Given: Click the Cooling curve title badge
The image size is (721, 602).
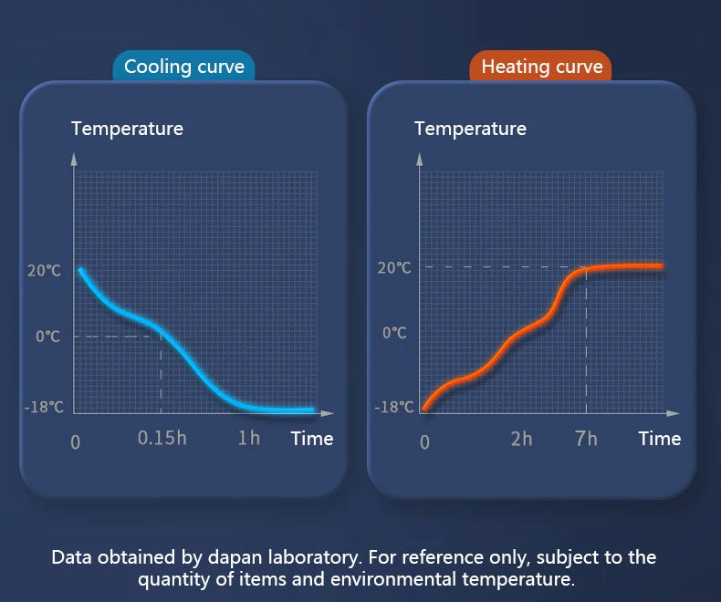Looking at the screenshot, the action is [x=184, y=67].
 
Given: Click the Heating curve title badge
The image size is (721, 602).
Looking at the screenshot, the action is [x=540, y=67].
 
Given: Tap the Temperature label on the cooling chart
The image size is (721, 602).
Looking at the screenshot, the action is [x=127, y=129].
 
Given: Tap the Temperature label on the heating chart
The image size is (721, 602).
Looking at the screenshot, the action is [x=470, y=129].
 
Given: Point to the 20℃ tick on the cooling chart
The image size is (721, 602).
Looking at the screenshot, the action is [x=44, y=270].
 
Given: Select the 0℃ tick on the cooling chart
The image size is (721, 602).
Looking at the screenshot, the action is [x=48, y=337].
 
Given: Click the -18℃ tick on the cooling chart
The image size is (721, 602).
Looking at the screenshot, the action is [x=44, y=407].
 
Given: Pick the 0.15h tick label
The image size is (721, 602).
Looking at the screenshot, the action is [x=162, y=438].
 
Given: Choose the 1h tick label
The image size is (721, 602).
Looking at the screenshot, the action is [x=249, y=438].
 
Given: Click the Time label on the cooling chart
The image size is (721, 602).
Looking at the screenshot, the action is [x=312, y=439].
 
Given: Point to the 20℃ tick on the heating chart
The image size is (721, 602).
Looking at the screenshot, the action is [x=394, y=268].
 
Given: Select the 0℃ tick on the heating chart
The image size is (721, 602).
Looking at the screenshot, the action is [x=395, y=333].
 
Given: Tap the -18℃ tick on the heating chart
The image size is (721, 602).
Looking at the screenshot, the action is [x=394, y=407].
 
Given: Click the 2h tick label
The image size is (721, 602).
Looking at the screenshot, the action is [x=521, y=439].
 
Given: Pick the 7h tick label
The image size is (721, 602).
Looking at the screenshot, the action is [x=586, y=439].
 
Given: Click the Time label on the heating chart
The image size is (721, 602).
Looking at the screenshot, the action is [x=660, y=439].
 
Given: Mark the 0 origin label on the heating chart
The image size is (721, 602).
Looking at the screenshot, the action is [x=425, y=442].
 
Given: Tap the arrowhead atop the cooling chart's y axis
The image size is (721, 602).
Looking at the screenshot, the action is [x=74, y=159].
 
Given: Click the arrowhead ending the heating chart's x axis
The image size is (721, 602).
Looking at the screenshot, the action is [x=673, y=413].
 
